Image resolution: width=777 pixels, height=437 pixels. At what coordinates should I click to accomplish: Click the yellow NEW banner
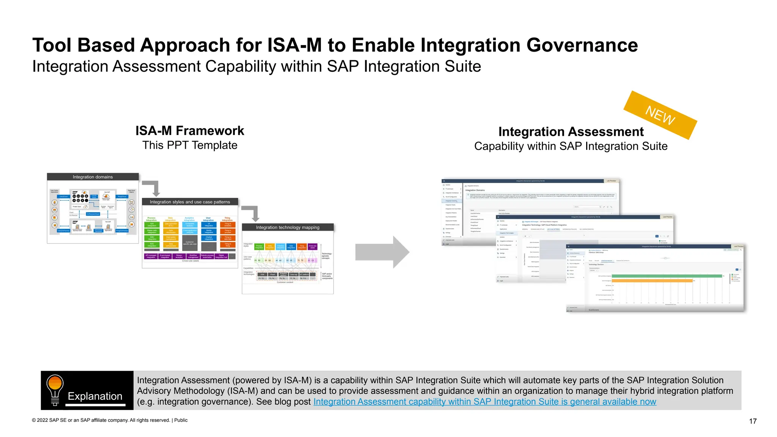[x=660, y=115]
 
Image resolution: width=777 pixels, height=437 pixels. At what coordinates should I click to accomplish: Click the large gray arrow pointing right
[x=382, y=252]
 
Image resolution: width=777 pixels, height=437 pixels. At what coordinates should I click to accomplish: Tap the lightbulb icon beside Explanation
[x=55, y=389]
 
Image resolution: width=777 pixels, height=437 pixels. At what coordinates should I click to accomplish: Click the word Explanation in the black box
[x=95, y=396]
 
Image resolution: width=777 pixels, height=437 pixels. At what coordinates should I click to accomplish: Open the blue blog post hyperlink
[x=484, y=402]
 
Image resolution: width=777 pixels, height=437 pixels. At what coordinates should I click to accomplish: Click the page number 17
[x=753, y=421]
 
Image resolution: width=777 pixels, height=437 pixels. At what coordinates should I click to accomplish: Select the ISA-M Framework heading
[x=190, y=131]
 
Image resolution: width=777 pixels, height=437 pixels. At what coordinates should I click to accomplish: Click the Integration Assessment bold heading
[x=571, y=132]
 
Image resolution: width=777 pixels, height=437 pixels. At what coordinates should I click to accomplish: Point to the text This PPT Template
[x=190, y=145]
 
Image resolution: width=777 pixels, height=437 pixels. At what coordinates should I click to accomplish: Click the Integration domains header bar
[x=93, y=177]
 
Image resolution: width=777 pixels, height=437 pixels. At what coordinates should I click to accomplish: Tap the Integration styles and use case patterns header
[x=190, y=202]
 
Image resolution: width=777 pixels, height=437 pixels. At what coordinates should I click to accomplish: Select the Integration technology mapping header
[x=288, y=227]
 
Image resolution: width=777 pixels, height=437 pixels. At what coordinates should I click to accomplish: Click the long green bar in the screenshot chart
[x=667, y=276]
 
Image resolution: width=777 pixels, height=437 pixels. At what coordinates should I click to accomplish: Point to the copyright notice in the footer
[x=110, y=420]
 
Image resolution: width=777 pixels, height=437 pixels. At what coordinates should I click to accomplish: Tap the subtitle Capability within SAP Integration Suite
[x=571, y=146]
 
